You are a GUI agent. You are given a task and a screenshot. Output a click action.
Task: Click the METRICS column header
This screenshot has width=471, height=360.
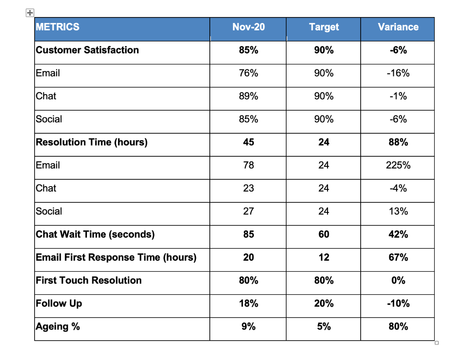point(57,27)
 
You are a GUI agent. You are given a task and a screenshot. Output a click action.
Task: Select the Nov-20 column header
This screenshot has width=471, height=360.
point(248,27)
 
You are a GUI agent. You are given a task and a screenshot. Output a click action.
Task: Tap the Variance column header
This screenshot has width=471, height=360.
point(398,27)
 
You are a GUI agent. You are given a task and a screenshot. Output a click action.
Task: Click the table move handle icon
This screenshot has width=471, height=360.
point(29,13)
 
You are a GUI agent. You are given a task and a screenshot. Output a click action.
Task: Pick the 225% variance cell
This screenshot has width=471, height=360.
point(398,165)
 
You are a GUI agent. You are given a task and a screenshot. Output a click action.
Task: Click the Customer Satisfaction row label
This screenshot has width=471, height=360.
point(87,50)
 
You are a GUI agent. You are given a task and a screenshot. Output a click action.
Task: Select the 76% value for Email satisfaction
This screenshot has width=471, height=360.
point(248,73)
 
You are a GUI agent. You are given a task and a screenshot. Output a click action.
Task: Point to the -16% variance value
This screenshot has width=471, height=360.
point(398,73)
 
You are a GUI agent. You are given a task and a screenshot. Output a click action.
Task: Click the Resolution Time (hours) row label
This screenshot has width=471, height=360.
point(92,142)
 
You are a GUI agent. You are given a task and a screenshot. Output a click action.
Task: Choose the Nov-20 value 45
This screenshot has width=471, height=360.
point(248,142)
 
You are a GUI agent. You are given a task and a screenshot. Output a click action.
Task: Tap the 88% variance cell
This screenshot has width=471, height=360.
point(398,142)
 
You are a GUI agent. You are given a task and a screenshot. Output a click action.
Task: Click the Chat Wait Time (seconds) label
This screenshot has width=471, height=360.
point(95,234)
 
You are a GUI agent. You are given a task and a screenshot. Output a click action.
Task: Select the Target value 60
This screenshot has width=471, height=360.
point(324,234)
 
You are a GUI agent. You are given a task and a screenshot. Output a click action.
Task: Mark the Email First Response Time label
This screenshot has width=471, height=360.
point(116,257)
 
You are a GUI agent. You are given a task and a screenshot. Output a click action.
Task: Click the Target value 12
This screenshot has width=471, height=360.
point(324,257)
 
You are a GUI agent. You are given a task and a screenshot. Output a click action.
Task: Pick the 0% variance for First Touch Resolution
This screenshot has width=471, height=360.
point(398,280)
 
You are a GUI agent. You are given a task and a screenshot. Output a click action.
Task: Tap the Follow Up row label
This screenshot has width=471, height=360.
point(59,303)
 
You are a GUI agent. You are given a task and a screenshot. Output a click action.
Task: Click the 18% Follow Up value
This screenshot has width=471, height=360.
point(248,303)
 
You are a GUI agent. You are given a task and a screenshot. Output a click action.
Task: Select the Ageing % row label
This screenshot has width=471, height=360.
point(58,326)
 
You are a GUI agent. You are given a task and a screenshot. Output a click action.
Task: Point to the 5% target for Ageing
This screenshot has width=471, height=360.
point(324,326)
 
